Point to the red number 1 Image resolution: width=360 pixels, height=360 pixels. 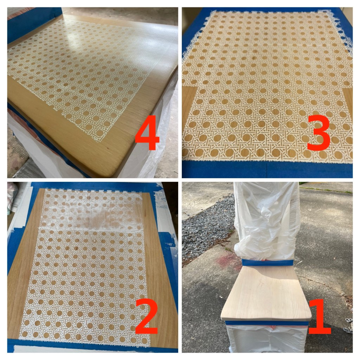(320, 316)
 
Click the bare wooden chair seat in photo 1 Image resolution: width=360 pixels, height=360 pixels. (266, 293)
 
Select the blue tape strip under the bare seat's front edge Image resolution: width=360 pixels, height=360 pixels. (266, 323)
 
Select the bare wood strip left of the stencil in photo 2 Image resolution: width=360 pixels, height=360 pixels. (25, 264)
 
